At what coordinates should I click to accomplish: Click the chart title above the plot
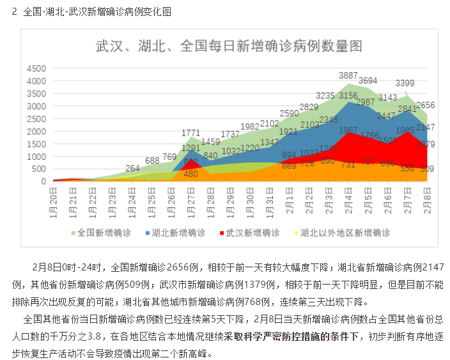228,46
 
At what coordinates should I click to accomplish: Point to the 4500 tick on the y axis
35,68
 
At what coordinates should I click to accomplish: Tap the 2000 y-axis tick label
35,131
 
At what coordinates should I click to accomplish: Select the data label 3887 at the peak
348,75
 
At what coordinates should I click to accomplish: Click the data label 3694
368,81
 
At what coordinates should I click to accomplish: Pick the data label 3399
404,83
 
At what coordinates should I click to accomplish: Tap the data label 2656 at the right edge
425,106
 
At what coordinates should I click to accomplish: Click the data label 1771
191,133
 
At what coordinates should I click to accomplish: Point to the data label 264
132,168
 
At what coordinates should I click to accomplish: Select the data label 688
152,160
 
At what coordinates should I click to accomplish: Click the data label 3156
348,96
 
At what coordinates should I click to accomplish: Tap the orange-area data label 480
190,173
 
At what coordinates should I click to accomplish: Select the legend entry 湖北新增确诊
180,233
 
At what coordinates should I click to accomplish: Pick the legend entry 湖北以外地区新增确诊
343,233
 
